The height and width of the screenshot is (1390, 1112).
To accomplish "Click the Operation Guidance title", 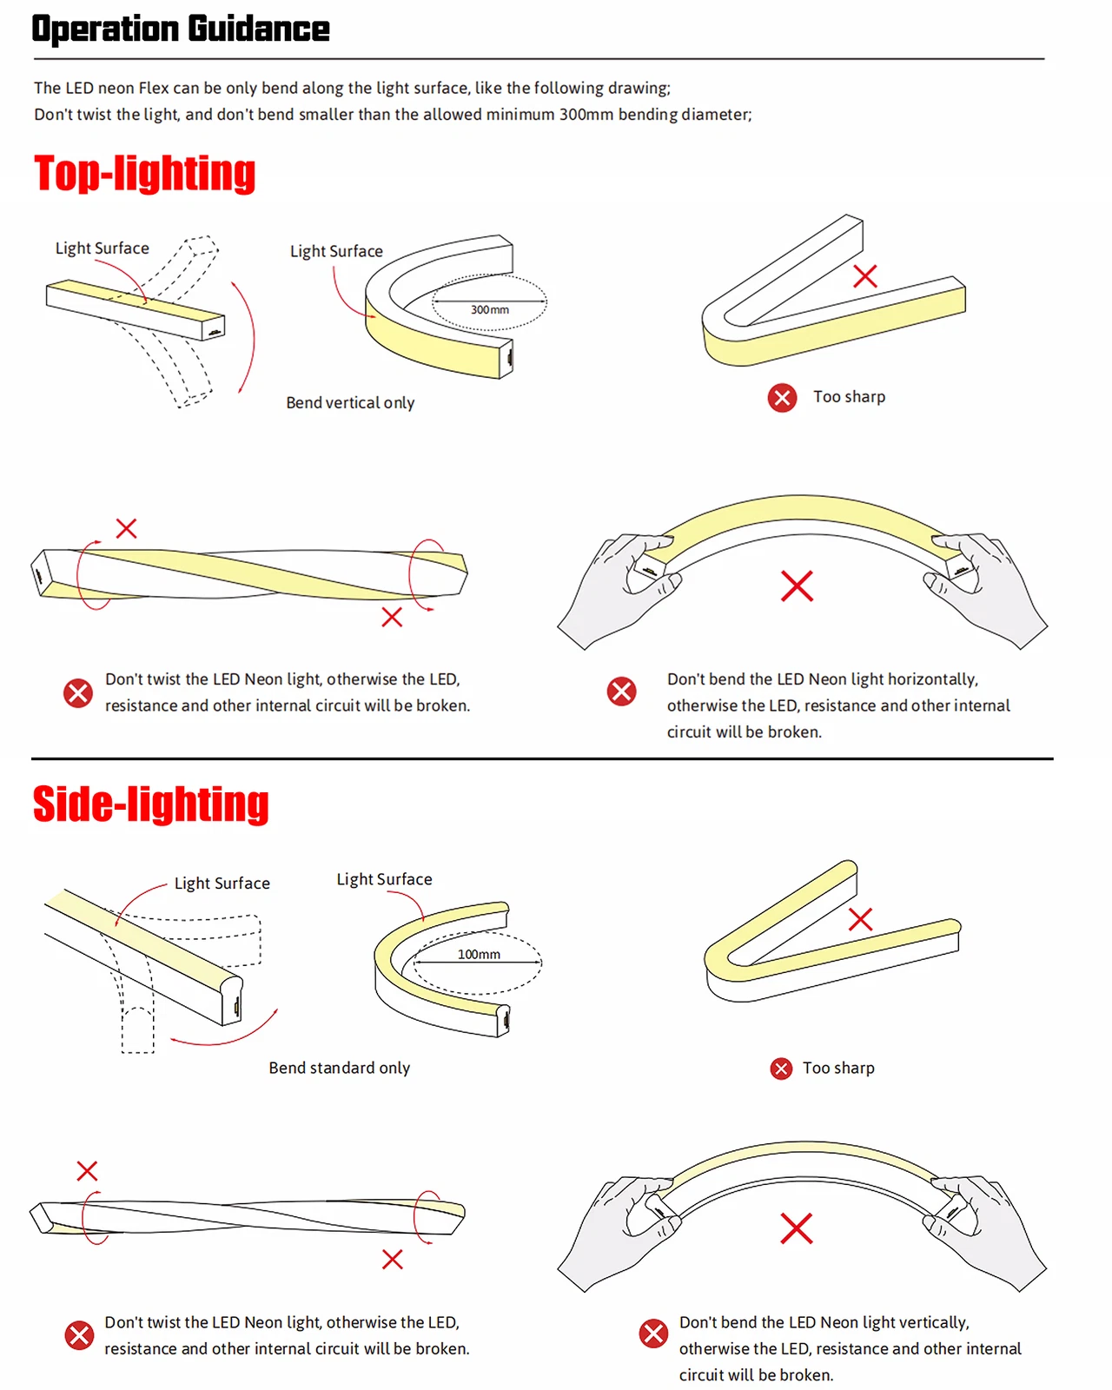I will [x=181, y=29].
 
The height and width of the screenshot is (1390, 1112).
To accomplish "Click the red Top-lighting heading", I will [x=145, y=173].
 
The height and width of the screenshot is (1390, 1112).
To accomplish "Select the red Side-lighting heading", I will [x=151, y=804].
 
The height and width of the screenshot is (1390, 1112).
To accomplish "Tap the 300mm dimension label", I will [x=490, y=309].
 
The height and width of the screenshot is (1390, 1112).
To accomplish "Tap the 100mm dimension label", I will [x=479, y=954].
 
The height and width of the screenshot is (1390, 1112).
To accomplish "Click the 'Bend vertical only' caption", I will [x=350, y=402].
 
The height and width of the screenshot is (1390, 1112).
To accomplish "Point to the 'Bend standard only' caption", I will [x=339, y=1068].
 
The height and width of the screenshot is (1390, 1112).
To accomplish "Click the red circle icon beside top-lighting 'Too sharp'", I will [x=782, y=398].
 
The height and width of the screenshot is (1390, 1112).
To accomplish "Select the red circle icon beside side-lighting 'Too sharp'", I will [x=781, y=1069].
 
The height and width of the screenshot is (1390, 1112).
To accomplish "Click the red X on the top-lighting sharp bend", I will [x=865, y=276].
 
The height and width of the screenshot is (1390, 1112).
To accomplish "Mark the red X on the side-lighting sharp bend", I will [x=860, y=919].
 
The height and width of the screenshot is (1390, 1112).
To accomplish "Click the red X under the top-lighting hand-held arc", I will [x=797, y=586].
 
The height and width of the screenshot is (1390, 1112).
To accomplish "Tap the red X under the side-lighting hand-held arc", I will [x=796, y=1228].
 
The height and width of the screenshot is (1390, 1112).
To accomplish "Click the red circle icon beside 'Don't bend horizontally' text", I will [x=621, y=692].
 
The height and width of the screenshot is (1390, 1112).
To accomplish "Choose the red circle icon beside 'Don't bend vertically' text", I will [x=653, y=1334].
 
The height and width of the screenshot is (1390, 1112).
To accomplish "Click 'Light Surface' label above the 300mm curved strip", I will [x=336, y=251].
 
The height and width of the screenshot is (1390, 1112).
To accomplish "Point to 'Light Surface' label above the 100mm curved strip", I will [x=384, y=879].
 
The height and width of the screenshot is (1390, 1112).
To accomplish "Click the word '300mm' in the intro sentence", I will [x=586, y=114].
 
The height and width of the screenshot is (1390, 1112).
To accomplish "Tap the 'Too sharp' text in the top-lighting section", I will [x=849, y=397].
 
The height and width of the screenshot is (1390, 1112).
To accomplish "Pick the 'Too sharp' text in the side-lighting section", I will [x=838, y=1068].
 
